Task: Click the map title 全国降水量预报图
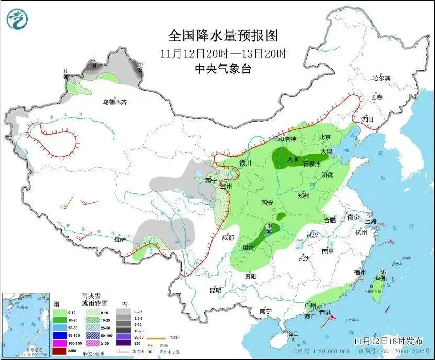pyautogui.click(x=222, y=35)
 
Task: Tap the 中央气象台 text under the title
pyautogui.click(x=222, y=69)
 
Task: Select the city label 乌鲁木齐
pyautogui.click(x=115, y=102)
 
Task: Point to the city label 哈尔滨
pyautogui.click(x=381, y=78)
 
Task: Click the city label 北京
pyautogui.click(x=325, y=137)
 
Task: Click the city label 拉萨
pyautogui.click(x=119, y=239)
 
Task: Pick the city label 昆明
pyautogui.click(x=215, y=290)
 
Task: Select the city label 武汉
pyautogui.click(x=313, y=235)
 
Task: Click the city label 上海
pyautogui.click(x=371, y=221)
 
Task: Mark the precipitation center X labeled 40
pyautogui.click(x=269, y=231)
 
